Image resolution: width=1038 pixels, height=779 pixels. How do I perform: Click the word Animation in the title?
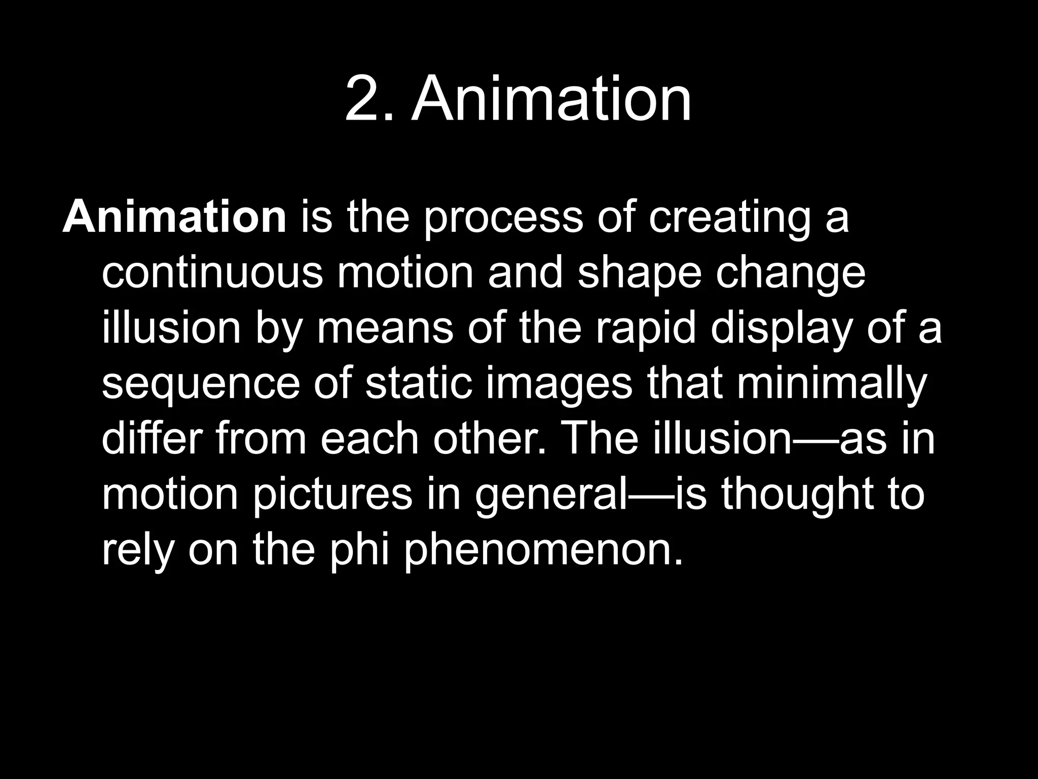coord(551,99)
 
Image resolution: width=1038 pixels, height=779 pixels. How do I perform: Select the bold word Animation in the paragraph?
coord(175,217)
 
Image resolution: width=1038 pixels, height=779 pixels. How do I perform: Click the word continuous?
coord(212,273)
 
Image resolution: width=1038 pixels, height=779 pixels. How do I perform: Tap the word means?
coord(384,328)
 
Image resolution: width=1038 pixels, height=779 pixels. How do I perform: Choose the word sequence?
coord(201,384)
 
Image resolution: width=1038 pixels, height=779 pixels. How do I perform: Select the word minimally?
coord(832,383)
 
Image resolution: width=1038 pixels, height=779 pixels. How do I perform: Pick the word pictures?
coord(332,494)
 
